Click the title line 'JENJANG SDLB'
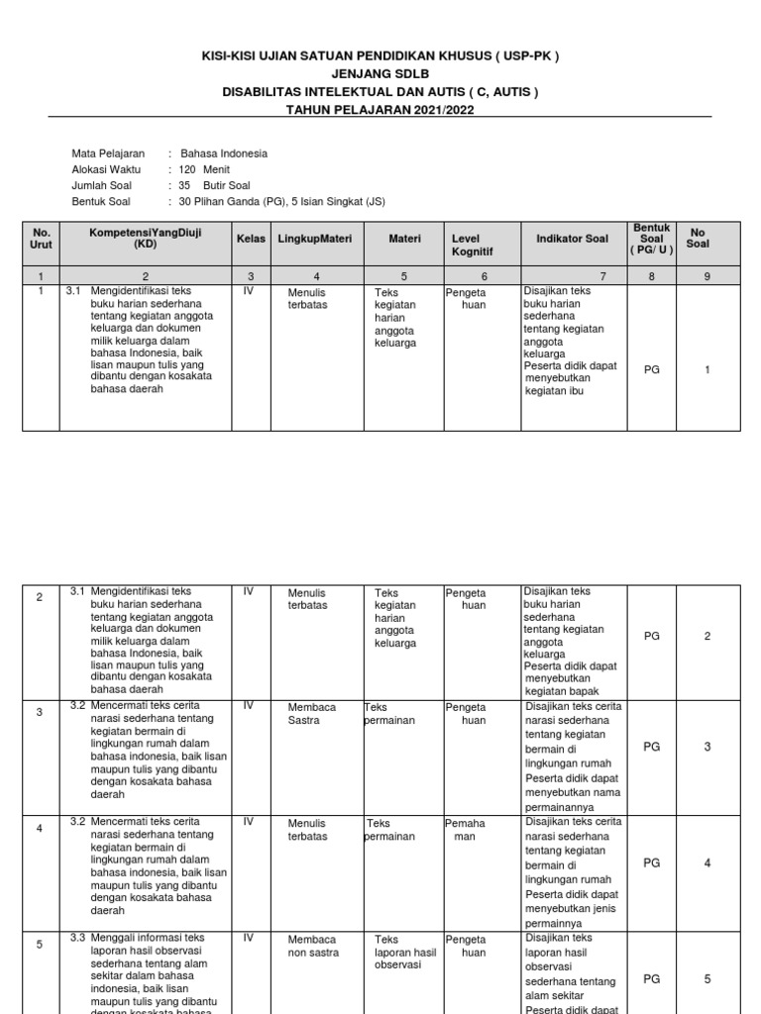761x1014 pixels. [x=380, y=74]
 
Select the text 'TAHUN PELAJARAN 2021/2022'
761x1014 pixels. [x=380, y=110]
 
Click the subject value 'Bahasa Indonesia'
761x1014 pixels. [x=223, y=153]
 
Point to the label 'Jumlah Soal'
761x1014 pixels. [x=101, y=185]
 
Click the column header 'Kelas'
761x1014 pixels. [x=251, y=239]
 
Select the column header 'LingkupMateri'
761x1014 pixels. [x=315, y=239]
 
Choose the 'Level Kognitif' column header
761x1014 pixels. [x=472, y=246]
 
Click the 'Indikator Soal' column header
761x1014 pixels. [x=572, y=239]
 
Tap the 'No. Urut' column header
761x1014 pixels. [x=40, y=239]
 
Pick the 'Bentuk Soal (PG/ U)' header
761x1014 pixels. [x=651, y=239]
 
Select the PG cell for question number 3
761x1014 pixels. [x=651, y=747]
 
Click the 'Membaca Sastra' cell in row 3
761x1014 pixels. [x=312, y=714]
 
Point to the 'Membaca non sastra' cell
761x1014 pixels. [x=312, y=946]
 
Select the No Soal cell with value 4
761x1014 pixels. [x=707, y=862]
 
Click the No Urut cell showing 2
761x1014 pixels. [x=40, y=597]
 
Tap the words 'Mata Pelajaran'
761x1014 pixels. [x=108, y=153]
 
